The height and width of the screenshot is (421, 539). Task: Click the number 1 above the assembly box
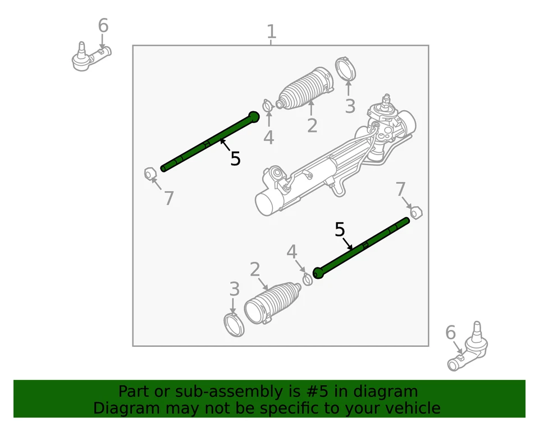pyautogui.click(x=271, y=31)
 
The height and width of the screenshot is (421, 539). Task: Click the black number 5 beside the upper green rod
pyautogui.click(x=235, y=159)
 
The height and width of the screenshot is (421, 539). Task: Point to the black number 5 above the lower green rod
pyautogui.click(x=340, y=229)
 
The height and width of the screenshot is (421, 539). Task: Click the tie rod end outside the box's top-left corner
pyautogui.click(x=90, y=56)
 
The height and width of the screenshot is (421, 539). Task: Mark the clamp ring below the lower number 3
pyautogui.click(x=234, y=326)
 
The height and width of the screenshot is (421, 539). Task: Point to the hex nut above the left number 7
pyautogui.click(x=149, y=173)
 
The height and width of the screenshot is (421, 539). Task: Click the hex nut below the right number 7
pyautogui.click(x=416, y=212)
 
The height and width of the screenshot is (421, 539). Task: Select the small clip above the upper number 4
pyautogui.click(x=268, y=105)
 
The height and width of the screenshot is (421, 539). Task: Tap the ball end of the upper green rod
pyautogui.click(x=254, y=116)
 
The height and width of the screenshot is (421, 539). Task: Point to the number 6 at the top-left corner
pyautogui.click(x=103, y=25)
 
